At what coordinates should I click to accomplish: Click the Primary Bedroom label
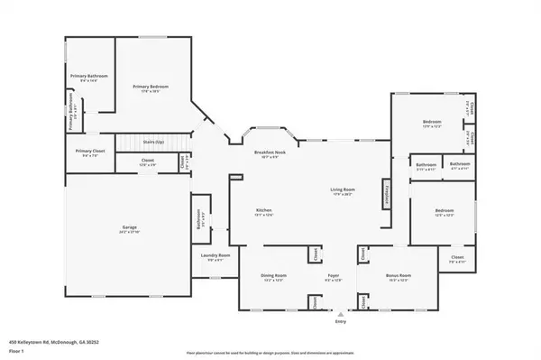[x=151, y=88]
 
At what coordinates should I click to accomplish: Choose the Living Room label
[x=341, y=189]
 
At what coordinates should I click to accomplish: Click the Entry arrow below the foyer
[x=340, y=315]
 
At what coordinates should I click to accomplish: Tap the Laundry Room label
[x=215, y=256]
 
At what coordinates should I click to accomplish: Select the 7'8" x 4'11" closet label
[x=457, y=259]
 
